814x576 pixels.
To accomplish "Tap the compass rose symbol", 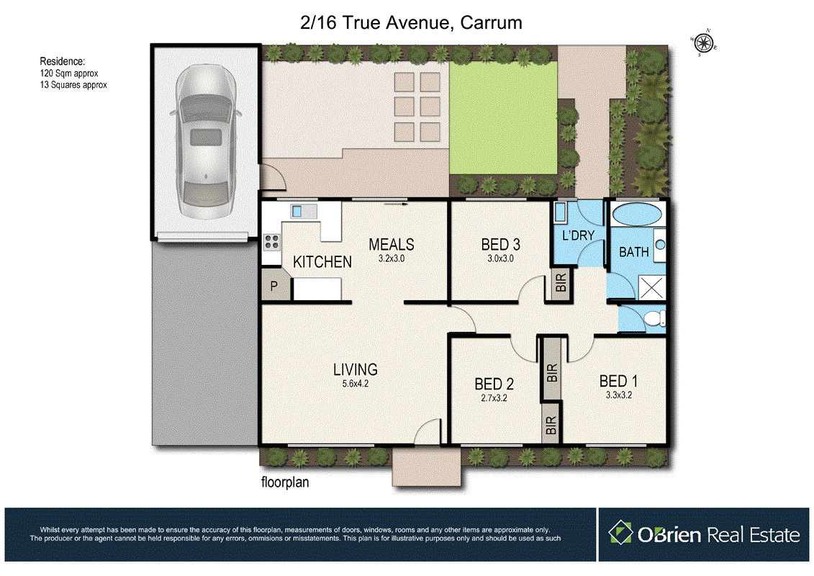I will click(x=704, y=42).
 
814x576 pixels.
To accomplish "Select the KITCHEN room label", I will click(x=322, y=262).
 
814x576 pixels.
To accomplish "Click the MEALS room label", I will click(x=392, y=245).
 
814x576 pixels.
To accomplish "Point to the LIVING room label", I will click(x=355, y=370).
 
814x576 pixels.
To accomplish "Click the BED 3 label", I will click(x=497, y=245).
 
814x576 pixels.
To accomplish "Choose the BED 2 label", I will click(x=494, y=384).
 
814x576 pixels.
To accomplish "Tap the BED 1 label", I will click(x=618, y=381).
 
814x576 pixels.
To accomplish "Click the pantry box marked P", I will click(x=274, y=287).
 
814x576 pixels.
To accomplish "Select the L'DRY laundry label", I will click(x=578, y=235).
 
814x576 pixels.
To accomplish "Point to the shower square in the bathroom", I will click(x=651, y=289).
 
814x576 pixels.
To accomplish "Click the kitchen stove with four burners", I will click(x=271, y=242).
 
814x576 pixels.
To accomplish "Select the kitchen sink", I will click(x=302, y=211).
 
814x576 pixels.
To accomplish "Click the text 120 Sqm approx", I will click(x=69, y=73).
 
